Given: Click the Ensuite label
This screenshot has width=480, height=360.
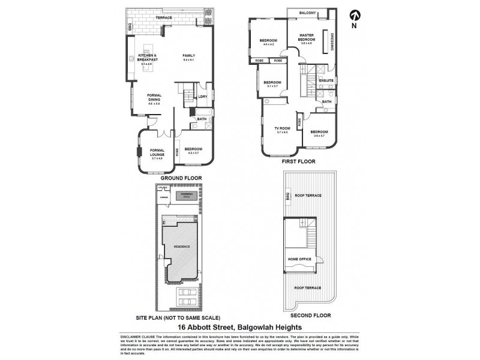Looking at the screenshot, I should coord(326,80).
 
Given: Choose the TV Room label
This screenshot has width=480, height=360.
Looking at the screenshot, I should coord(282,128).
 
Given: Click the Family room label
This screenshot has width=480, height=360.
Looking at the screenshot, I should coord(189,56).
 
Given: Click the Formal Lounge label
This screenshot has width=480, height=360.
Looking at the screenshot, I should coord(157,152).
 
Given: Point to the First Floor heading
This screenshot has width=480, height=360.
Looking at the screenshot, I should coord(298,162).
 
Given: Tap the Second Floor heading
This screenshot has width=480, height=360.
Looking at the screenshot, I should coord(307,314).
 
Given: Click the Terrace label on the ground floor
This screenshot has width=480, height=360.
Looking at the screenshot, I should coord(164,18).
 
